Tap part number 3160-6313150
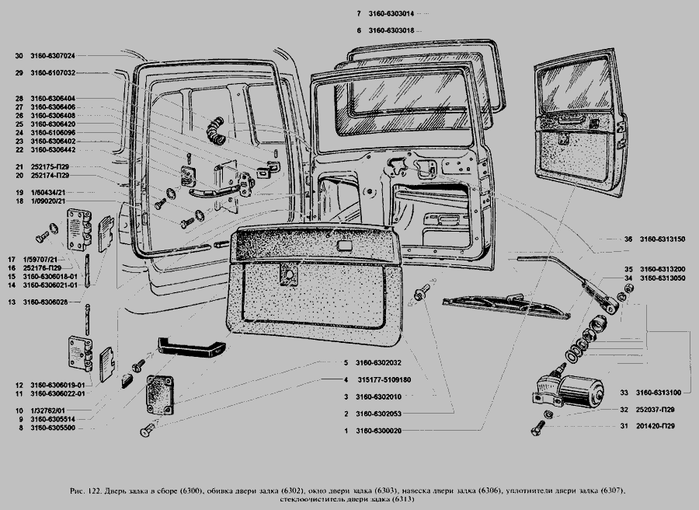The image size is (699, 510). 662,239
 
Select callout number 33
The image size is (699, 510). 624,393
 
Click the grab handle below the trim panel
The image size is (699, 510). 192,344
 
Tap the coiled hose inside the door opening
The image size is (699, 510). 214,127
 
